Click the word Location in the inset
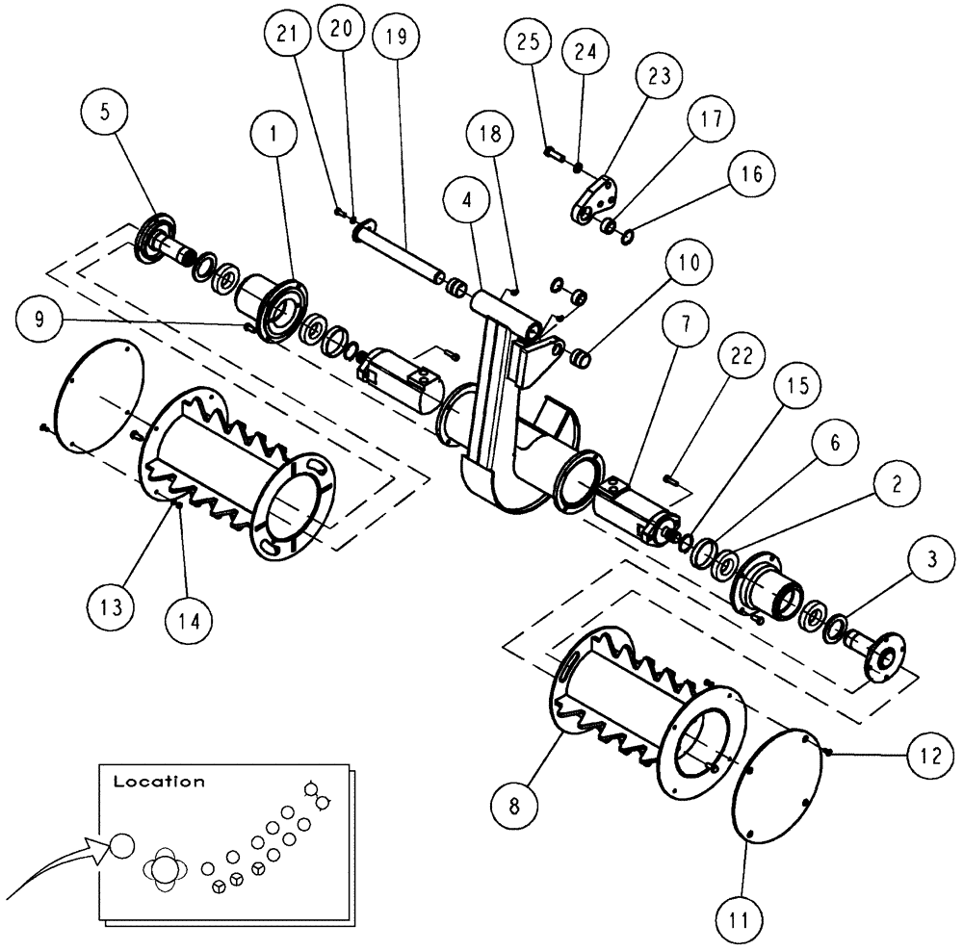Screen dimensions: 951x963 [x=159, y=782]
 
